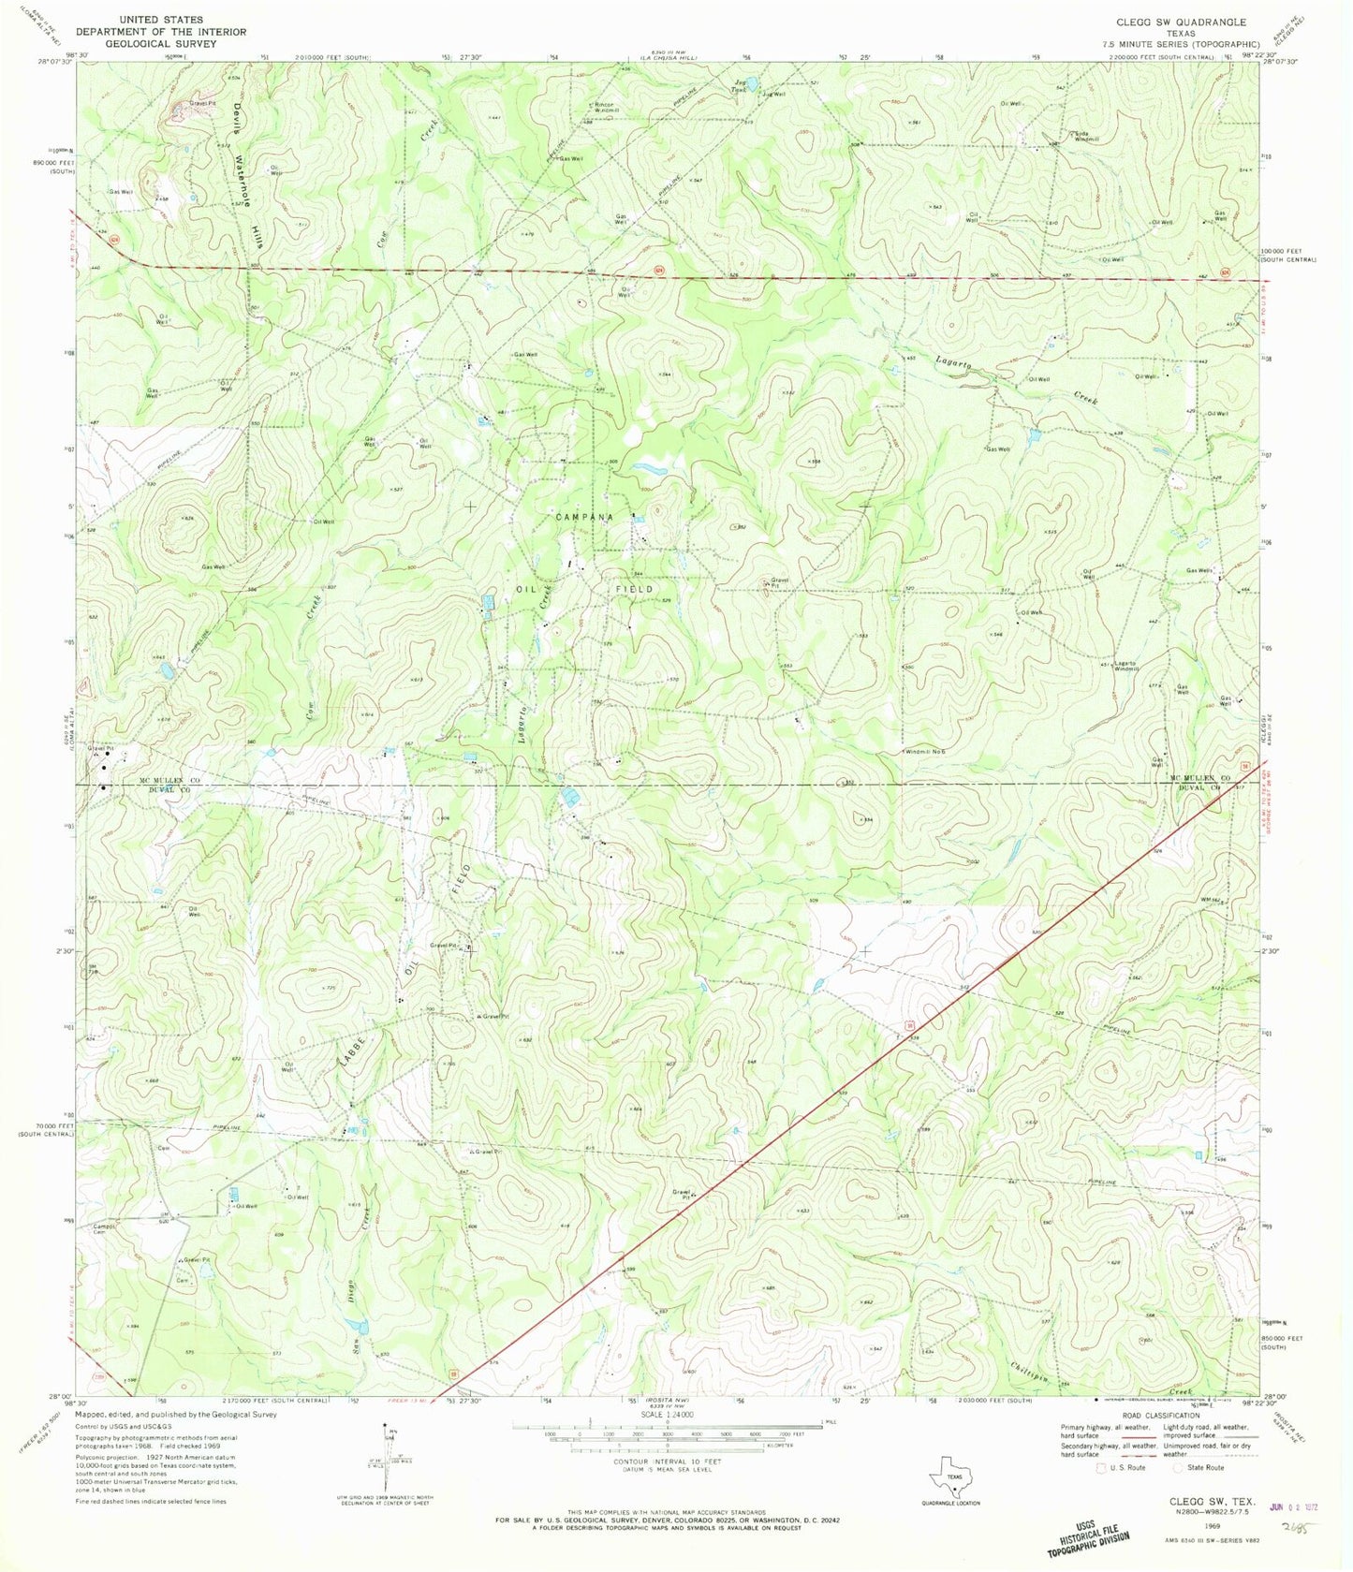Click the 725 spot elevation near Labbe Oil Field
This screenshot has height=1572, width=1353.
pos(327,989)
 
